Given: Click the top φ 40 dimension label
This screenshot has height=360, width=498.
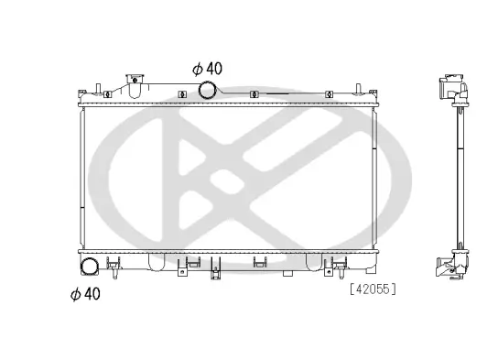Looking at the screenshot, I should tap(207, 68).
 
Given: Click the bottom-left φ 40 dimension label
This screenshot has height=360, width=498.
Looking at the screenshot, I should tap(84, 294).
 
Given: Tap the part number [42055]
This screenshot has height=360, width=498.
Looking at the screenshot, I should tap(372, 289).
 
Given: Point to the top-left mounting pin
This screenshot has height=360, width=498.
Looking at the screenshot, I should tap(81, 92).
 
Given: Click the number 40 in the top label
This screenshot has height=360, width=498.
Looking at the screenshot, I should tap(213, 68).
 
